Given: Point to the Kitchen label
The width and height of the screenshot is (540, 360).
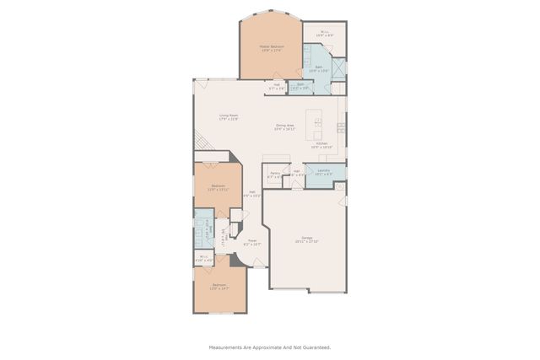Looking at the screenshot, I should (322, 143).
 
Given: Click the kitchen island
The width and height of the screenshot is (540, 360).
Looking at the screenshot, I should (318, 123).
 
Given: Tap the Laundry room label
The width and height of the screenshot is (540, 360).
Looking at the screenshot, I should (323, 170).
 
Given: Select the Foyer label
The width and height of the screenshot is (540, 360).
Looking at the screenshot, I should (252, 241).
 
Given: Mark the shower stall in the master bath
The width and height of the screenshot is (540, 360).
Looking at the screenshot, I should (338, 67).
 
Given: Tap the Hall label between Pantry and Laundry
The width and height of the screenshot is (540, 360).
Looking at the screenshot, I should (297, 171).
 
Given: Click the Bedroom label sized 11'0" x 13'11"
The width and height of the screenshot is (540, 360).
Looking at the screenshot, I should (219, 185).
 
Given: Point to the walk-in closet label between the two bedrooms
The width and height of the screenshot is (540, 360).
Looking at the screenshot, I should (203, 257).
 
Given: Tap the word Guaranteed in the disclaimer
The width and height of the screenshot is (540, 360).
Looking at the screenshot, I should (315, 347).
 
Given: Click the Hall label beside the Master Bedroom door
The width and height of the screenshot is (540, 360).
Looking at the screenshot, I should (276, 84).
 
